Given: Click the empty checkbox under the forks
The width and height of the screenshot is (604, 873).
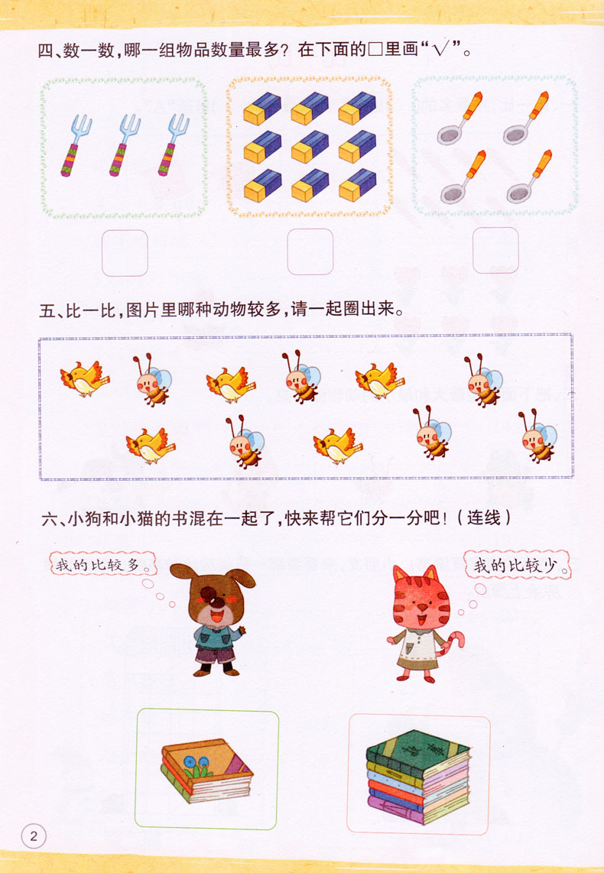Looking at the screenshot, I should point(125,252).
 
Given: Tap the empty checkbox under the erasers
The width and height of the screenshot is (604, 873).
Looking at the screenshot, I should point(310,252).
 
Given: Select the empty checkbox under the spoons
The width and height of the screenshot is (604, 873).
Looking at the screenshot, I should point(495,250).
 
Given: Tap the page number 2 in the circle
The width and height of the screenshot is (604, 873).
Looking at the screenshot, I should point(34,835).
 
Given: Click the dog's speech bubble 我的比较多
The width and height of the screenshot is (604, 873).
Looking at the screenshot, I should point(97,565).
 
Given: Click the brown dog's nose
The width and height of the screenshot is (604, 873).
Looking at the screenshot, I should point(219,600).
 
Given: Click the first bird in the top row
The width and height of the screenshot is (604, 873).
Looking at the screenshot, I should point(84,378).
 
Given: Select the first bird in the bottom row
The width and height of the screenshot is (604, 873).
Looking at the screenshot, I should point(151,445).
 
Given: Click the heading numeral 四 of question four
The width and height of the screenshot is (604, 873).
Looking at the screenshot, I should point(47,52).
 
